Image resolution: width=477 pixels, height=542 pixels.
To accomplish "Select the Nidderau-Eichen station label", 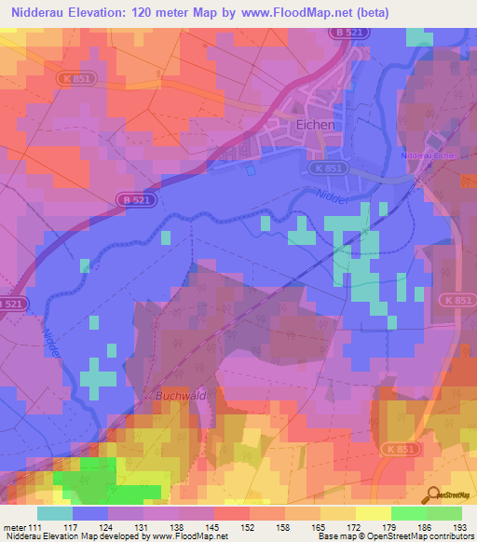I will click(x=428, y=155).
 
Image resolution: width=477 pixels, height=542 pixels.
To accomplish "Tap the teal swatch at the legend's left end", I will click(x=55, y=512).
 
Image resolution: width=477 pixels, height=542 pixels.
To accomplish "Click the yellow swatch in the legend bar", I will click(x=337, y=512).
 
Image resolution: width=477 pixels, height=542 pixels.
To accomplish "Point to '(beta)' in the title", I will click(x=368, y=13).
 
